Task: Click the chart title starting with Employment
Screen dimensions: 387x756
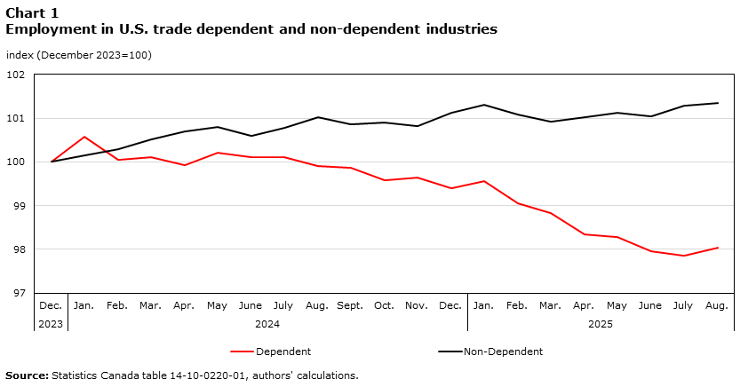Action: [251, 29]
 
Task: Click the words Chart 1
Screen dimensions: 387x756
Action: [38, 12]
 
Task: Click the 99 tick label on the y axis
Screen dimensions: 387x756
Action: [18, 206]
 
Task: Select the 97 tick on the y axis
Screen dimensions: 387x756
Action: [18, 293]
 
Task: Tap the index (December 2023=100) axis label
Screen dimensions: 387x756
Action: [79, 55]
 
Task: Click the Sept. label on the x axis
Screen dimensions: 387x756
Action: [350, 305]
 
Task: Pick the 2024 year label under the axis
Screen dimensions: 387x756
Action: [267, 324]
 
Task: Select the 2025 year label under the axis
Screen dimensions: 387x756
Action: [601, 324]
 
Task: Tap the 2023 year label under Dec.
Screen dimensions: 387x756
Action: [51, 324]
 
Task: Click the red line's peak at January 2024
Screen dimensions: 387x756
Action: [84, 137]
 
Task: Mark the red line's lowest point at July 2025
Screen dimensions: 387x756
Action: [684, 256]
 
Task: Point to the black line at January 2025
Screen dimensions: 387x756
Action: [484, 105]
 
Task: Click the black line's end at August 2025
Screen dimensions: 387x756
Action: [718, 103]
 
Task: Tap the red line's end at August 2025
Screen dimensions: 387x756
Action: [718, 248]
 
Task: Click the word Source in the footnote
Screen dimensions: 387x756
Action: [27, 375]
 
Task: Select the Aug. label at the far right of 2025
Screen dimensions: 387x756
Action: [717, 305]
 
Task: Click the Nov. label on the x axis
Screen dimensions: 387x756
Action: [417, 305]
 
